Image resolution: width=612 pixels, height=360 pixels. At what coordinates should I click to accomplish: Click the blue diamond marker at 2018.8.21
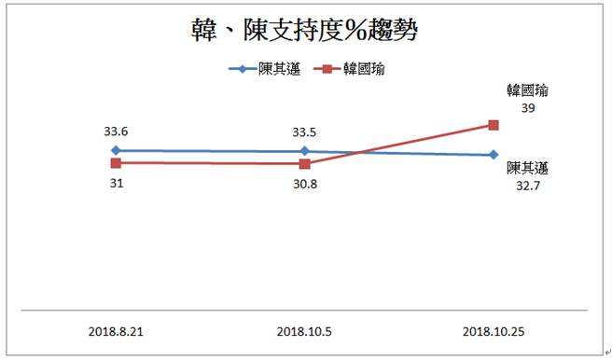(x=116, y=150)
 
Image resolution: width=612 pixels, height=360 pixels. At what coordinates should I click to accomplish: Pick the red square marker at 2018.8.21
(x=116, y=162)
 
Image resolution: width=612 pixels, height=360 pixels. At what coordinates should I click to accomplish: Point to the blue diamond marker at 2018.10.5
(x=304, y=151)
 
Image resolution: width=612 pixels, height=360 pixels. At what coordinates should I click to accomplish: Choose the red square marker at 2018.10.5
(x=304, y=163)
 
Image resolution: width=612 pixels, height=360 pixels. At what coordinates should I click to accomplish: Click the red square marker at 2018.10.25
(x=494, y=125)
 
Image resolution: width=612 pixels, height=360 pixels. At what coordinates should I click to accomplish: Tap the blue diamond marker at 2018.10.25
(x=494, y=155)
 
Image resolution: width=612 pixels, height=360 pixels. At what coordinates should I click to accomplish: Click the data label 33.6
(x=116, y=132)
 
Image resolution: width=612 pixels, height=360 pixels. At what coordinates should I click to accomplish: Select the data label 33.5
(x=304, y=132)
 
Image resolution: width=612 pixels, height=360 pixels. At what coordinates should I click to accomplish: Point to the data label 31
(x=116, y=183)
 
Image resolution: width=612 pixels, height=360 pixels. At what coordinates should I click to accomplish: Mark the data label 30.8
(x=304, y=184)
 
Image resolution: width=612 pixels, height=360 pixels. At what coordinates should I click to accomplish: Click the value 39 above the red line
(x=528, y=108)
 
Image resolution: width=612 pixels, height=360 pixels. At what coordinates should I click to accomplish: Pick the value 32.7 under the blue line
(x=527, y=186)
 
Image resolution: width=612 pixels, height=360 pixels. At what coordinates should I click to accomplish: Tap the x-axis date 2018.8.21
(x=116, y=330)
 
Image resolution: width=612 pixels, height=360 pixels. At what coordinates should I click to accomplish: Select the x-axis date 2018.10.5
(x=304, y=330)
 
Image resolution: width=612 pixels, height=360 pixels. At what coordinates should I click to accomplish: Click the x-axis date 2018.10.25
(x=494, y=330)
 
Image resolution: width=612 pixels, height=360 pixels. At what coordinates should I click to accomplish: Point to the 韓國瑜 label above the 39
(x=527, y=91)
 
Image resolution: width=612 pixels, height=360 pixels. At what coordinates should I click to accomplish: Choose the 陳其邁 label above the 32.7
(x=527, y=169)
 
